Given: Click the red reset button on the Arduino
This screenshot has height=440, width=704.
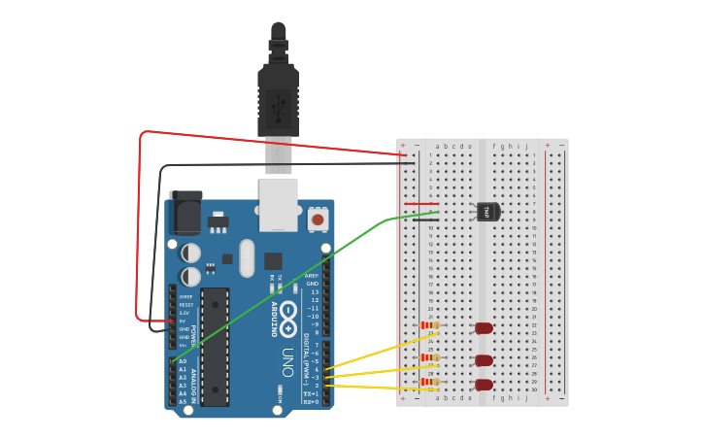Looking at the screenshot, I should [x=318, y=220].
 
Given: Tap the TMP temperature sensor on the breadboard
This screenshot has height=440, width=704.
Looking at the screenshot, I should [x=486, y=211].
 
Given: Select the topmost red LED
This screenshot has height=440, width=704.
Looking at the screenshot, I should [x=484, y=328].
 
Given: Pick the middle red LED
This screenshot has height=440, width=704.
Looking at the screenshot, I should [x=484, y=360].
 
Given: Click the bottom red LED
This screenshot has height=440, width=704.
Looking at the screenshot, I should [x=484, y=385].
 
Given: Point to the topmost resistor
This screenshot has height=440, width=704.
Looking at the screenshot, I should [x=427, y=325].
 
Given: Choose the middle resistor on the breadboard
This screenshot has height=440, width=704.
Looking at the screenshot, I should [x=427, y=357].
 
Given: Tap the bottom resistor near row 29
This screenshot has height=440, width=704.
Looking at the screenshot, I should [x=427, y=382].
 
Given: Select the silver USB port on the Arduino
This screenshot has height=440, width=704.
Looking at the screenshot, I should [x=278, y=204].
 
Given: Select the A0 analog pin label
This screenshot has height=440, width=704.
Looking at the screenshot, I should [x=183, y=361].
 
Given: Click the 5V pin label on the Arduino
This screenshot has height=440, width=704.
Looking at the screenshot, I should [x=184, y=321].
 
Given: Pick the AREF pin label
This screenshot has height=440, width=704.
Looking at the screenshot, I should [x=312, y=276].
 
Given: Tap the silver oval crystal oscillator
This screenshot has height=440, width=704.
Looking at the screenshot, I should [x=247, y=257].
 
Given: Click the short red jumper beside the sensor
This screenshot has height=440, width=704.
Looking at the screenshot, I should [x=419, y=204].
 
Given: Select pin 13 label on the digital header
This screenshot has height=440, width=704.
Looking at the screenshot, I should [x=314, y=291].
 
